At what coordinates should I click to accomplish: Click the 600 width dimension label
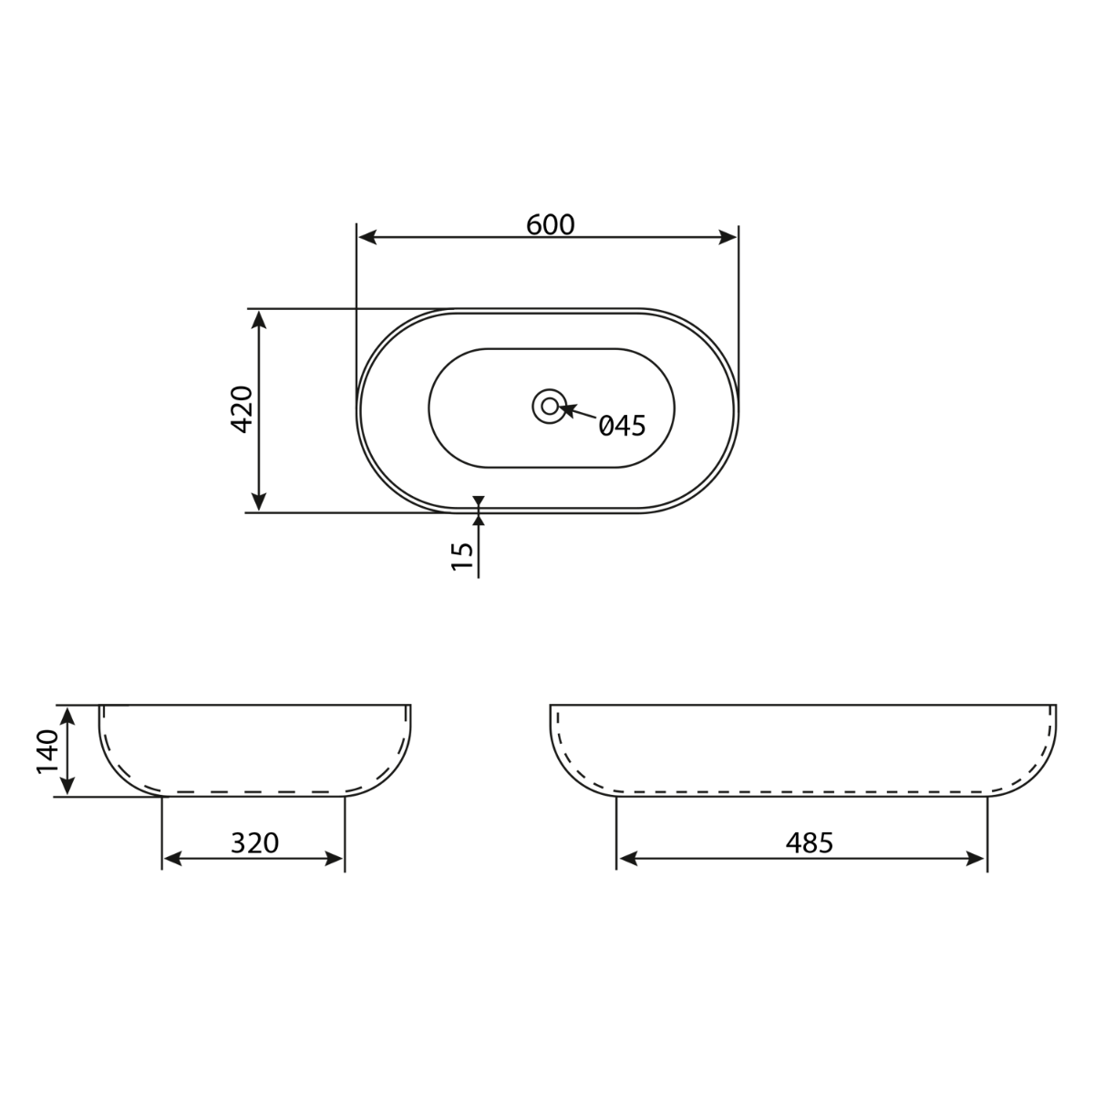point(550,225)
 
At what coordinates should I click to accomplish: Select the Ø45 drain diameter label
point(623,426)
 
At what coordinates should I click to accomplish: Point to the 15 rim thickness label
point(462,556)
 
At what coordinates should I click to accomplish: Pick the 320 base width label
point(254,843)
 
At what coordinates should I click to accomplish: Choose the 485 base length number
point(810,843)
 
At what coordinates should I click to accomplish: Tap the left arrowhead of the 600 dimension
point(368,237)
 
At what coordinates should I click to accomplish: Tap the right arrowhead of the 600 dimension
point(728,237)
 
